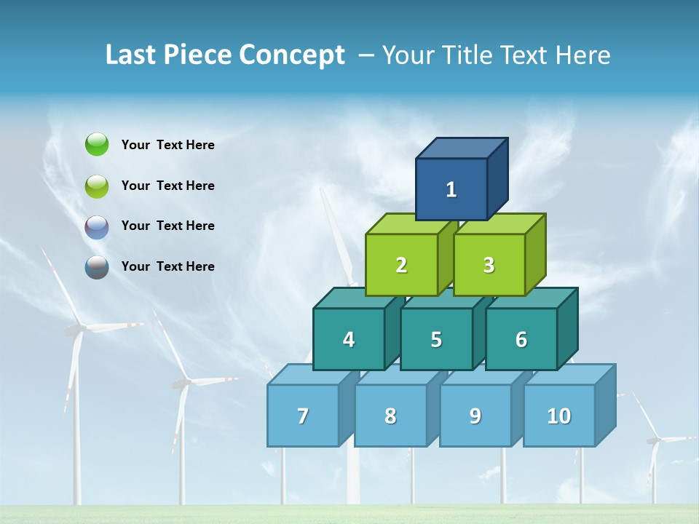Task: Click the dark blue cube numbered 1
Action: [x=451, y=189]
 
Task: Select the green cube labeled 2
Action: [x=401, y=265]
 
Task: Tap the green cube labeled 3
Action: [x=489, y=265]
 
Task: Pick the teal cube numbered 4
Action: [x=349, y=339]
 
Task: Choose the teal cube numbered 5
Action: [x=436, y=339]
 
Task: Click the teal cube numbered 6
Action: [x=521, y=339]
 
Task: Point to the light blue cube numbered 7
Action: [x=303, y=416]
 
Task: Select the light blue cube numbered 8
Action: [x=390, y=416]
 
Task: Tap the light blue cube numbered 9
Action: [x=475, y=416]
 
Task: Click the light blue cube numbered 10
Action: [x=559, y=416]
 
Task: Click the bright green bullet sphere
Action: [x=97, y=144]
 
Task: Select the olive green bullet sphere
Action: [x=97, y=186]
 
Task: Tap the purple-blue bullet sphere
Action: [x=97, y=226]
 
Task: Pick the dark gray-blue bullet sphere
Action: [x=97, y=267]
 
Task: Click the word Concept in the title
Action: [x=291, y=55]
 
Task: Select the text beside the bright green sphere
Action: [x=168, y=145]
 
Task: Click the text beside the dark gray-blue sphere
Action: [x=168, y=266]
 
